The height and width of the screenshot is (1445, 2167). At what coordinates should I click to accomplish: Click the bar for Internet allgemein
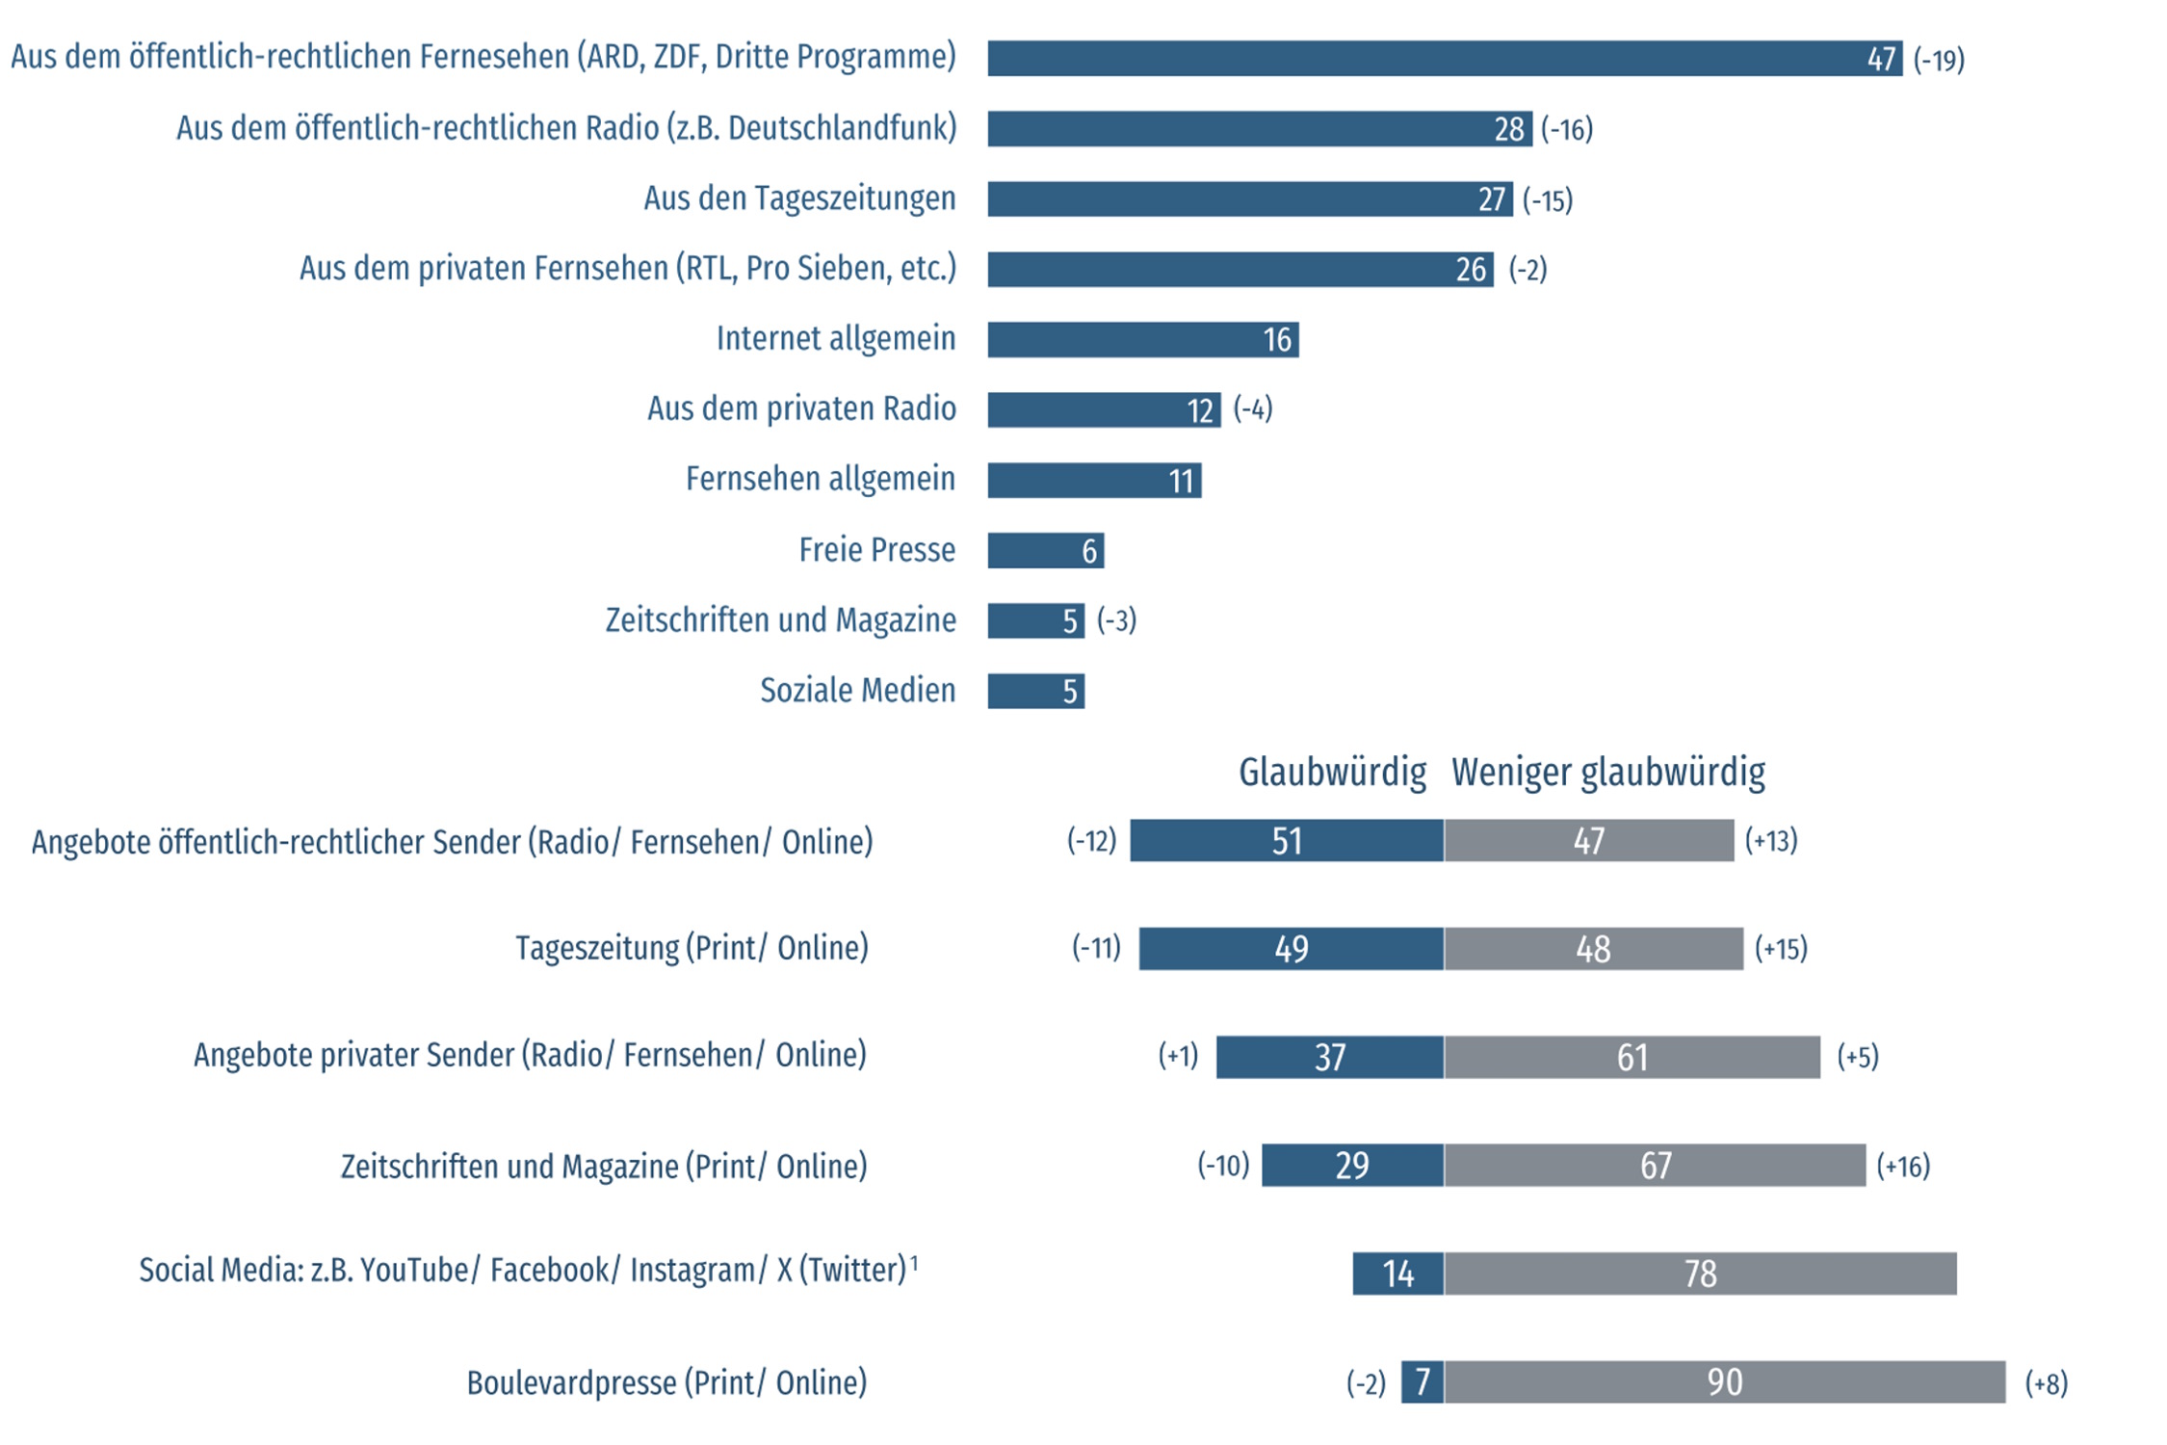click(1142, 339)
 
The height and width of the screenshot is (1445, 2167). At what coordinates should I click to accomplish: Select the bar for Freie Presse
click(1045, 550)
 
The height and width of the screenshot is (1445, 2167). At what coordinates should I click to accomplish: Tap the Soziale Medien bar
click(1035, 691)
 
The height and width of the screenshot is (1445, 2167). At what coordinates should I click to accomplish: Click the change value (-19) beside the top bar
click(1938, 60)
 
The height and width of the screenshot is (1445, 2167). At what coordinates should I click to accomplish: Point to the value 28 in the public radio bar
click(1508, 129)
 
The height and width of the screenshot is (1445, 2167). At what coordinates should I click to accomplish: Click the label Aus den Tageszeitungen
click(799, 198)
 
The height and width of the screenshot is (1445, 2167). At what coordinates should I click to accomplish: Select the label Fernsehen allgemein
click(820, 479)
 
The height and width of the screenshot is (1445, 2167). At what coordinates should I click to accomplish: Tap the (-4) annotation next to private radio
click(1252, 408)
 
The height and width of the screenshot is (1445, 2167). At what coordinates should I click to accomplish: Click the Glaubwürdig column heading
click(1332, 772)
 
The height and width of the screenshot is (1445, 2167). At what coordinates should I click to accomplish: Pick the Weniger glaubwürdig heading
click(1607, 772)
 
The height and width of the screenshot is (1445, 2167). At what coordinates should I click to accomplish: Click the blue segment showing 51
click(1287, 841)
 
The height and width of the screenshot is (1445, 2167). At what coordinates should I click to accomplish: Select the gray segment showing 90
click(1724, 1382)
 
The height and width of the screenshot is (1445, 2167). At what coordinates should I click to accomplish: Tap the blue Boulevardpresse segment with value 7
click(1423, 1382)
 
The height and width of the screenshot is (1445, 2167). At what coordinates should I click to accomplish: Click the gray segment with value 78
click(1700, 1274)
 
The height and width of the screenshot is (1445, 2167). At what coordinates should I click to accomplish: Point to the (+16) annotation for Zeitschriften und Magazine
click(1902, 1167)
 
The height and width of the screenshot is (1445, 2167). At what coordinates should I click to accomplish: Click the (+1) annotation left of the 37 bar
click(1178, 1056)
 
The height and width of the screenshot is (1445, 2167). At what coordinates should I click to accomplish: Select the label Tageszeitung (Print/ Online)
click(692, 948)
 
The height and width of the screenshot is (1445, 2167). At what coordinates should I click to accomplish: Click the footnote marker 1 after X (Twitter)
click(914, 1261)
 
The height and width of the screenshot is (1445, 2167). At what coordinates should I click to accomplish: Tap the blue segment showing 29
click(1352, 1166)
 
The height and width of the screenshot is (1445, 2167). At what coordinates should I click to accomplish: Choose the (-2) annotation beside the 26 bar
click(1527, 269)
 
